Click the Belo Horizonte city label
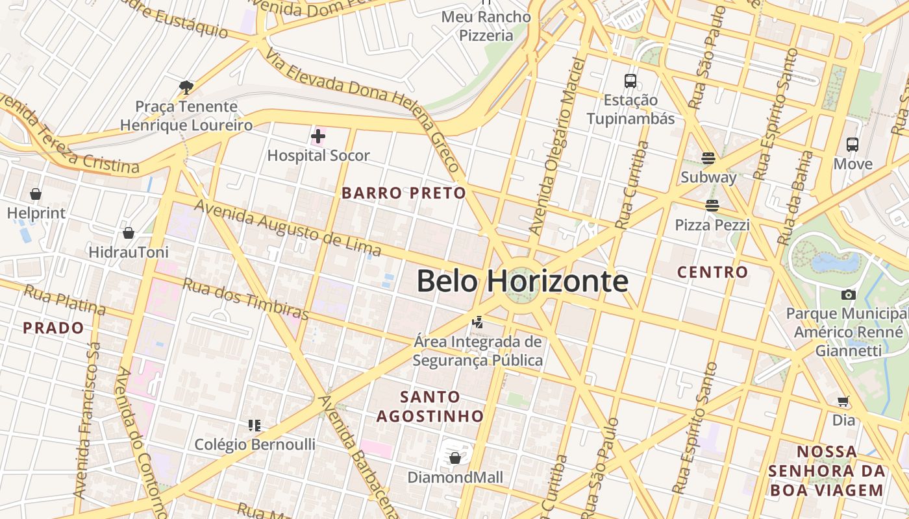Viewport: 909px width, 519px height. tap(522, 282)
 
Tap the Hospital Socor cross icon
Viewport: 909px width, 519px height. tap(318, 136)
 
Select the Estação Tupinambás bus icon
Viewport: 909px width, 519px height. tap(630, 81)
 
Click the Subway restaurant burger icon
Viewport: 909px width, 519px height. tap(708, 158)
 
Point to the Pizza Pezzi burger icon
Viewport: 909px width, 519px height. tap(712, 206)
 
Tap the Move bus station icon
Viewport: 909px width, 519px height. tap(853, 145)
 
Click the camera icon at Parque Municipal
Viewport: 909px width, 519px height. tap(848, 295)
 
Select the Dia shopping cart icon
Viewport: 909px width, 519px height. tap(843, 401)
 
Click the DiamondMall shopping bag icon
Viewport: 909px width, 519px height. tap(455, 458)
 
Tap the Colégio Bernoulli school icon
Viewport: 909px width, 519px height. tap(255, 426)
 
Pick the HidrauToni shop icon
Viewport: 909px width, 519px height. tap(129, 233)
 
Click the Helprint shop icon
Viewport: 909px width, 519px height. tap(36, 194)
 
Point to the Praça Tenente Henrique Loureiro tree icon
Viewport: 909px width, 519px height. tap(186, 86)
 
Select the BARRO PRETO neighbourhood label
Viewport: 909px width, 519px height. tap(404, 193)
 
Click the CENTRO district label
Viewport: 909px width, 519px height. tap(712, 272)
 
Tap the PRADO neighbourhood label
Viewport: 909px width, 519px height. tap(53, 328)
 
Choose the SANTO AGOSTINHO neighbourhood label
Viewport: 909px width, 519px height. tap(430, 406)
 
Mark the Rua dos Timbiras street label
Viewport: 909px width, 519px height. tap(245, 298)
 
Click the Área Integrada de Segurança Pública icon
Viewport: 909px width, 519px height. tap(478, 321)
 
